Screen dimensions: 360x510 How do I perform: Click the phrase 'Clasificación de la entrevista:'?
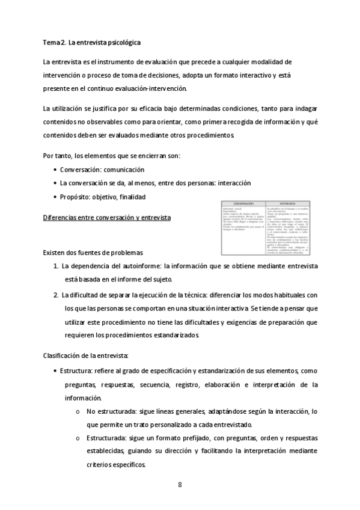85,356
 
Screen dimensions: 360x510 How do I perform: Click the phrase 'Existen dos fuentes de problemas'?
93,251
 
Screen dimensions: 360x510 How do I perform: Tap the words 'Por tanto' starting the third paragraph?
57,156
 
